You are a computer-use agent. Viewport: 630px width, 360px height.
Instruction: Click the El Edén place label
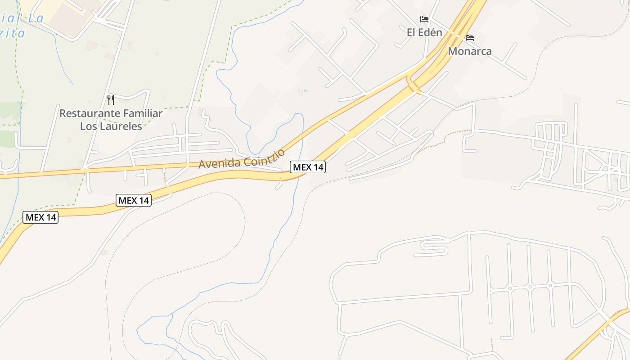tap(424, 32)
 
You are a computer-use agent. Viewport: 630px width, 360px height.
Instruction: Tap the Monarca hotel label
tap(469, 51)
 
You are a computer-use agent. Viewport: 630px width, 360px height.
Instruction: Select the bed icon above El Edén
tap(424, 19)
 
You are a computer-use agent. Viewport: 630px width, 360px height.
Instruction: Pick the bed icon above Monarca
tap(470, 38)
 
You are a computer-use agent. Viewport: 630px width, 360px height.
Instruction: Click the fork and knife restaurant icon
tap(111, 99)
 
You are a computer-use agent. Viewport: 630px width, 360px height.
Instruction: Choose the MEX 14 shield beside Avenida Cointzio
tap(308, 167)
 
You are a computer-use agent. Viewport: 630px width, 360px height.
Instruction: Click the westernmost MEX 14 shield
tap(41, 217)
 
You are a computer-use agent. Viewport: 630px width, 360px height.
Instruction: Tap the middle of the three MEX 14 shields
tap(134, 200)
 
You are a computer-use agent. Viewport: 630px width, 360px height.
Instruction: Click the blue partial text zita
tap(12, 33)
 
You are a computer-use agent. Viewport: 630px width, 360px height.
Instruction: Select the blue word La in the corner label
tap(35, 18)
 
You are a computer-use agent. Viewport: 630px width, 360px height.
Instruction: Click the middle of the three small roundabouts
tap(530, 287)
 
